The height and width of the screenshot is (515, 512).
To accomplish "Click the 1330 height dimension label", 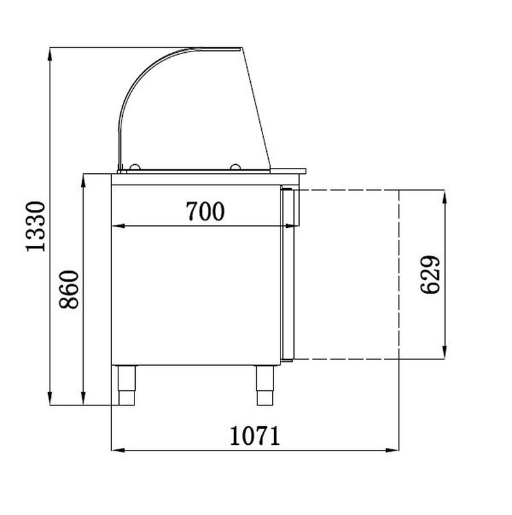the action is point(35,227).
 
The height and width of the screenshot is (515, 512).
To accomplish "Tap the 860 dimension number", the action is point(69,289).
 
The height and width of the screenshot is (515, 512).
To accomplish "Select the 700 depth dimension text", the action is point(205,211).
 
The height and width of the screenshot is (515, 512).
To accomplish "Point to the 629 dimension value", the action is point(430,275).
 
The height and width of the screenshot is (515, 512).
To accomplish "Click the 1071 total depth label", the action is point(255,436).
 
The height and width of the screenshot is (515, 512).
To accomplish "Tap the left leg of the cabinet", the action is point(127,385).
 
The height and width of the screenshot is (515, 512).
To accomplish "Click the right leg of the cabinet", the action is point(265,385).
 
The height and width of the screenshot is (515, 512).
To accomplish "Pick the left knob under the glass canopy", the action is point(134,167).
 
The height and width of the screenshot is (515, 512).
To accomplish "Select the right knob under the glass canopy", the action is point(235,167).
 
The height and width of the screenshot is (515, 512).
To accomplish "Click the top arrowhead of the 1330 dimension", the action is point(50,54).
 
